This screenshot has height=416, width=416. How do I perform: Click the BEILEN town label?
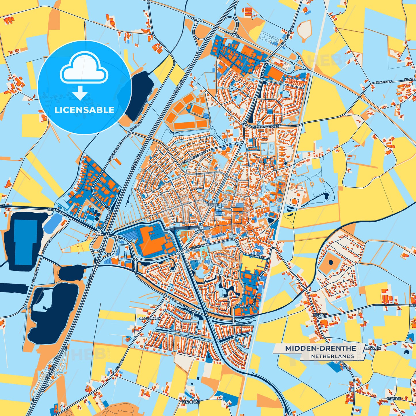[x=212, y=204]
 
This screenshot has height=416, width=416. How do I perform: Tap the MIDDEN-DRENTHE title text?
[x=320, y=348]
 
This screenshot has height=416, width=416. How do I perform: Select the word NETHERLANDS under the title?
[x=333, y=356]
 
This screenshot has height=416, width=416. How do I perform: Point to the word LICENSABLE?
[x=84, y=110]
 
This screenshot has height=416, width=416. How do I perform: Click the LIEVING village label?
[x=320, y=315]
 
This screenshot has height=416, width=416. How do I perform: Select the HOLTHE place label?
[x=394, y=399]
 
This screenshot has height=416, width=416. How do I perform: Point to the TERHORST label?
[x=191, y=402]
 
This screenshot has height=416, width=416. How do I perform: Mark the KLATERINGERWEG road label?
[x=265, y=127]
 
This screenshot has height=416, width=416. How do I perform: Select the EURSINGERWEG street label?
[x=194, y=159]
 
